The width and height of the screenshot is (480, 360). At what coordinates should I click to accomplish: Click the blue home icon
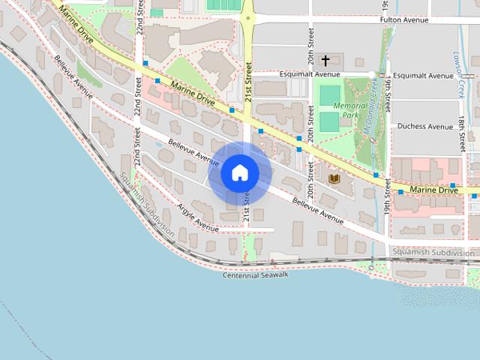(240, 173)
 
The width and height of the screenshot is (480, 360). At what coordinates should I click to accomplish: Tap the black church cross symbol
(325, 60)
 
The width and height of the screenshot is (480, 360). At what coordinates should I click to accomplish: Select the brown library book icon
(334, 178)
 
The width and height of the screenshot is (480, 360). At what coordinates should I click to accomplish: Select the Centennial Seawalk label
(256, 275)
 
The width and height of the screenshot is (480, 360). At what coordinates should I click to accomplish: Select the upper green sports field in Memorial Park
(329, 95)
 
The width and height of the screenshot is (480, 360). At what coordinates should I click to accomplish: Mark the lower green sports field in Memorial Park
(329, 121)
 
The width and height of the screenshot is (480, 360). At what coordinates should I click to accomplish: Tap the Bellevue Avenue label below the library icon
(318, 210)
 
